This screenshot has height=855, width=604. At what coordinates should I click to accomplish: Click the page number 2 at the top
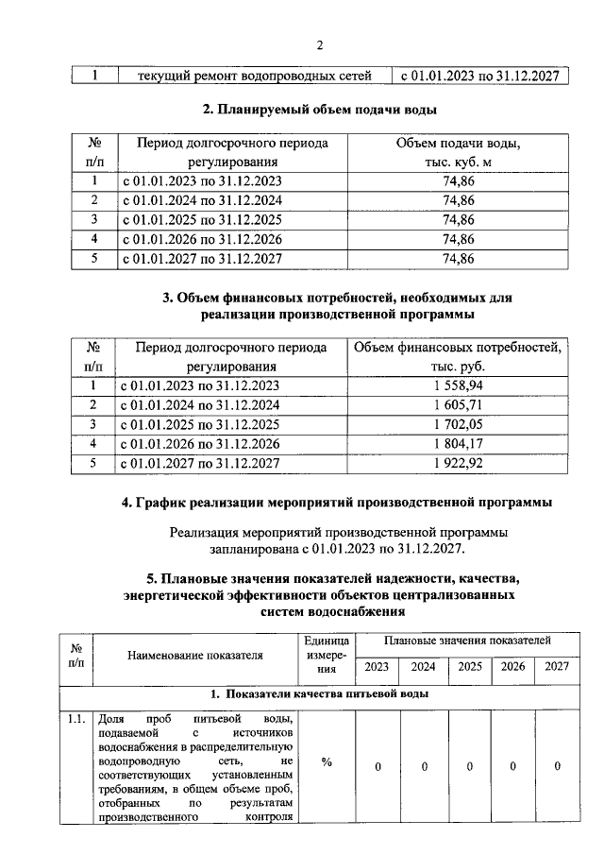[x=320, y=45]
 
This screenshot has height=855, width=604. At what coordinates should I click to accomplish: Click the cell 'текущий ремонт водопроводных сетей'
[x=252, y=75]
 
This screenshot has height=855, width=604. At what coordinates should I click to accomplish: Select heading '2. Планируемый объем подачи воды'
[x=320, y=110]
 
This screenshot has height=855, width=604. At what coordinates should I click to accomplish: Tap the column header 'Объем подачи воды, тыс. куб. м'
[x=458, y=152]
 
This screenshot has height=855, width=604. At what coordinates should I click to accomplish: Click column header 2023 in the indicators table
[x=377, y=667]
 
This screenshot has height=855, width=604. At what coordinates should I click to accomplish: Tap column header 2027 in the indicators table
[x=557, y=667]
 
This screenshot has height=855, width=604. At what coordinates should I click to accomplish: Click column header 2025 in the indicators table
[x=469, y=667]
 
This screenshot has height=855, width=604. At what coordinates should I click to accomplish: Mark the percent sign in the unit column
[x=326, y=764]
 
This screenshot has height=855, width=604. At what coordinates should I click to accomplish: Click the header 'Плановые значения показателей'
[x=467, y=641]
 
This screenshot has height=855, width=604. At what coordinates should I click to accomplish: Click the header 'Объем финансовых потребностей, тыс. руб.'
[x=458, y=357]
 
